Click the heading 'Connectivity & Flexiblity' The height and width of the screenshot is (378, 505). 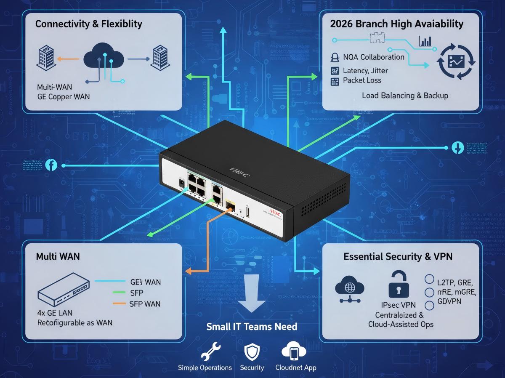click(88, 24)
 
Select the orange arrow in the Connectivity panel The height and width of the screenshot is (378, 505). click(67, 59)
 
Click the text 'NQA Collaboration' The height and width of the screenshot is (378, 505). click(373, 57)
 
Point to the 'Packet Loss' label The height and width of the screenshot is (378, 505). click(362, 80)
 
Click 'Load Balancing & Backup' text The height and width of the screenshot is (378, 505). click(405, 96)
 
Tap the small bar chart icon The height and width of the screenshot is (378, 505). click(425, 41)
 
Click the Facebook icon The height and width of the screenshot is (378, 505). click(51, 165)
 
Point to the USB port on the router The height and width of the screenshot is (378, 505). click(247, 213)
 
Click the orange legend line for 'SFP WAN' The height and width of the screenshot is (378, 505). click(125, 303)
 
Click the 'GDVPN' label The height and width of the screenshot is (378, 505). click(449, 301)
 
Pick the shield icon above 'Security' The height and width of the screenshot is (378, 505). click(252, 352)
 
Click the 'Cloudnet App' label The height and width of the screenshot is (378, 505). click(296, 367)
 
